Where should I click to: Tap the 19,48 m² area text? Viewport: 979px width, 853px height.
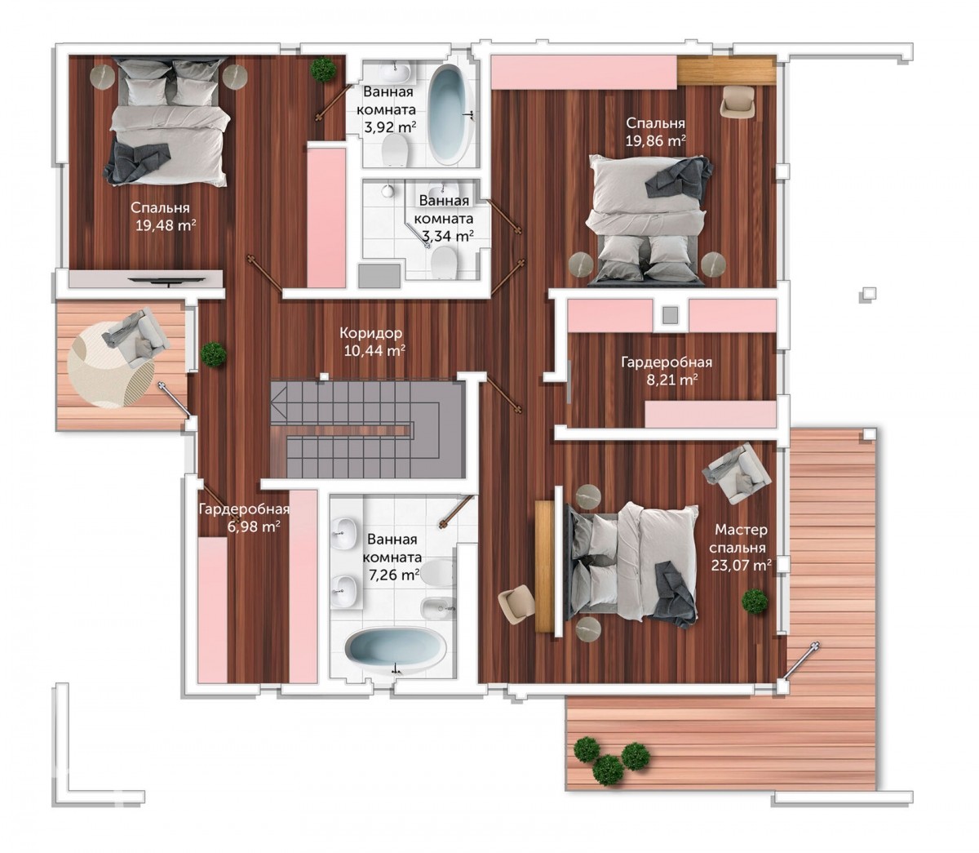166,225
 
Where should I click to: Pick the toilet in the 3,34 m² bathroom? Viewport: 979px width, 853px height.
444,262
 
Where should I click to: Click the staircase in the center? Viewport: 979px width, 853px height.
366,429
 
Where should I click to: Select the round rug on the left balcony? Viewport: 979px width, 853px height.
111,365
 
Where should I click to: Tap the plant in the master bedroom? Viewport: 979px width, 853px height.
755,601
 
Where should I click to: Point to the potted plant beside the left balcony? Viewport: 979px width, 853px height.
213,355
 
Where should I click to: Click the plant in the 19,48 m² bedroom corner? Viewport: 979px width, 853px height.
323,69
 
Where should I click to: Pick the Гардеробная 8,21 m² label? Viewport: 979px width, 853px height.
667,371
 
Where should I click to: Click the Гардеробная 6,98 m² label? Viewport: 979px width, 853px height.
245,518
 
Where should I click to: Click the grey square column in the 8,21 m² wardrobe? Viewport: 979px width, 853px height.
671,315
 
